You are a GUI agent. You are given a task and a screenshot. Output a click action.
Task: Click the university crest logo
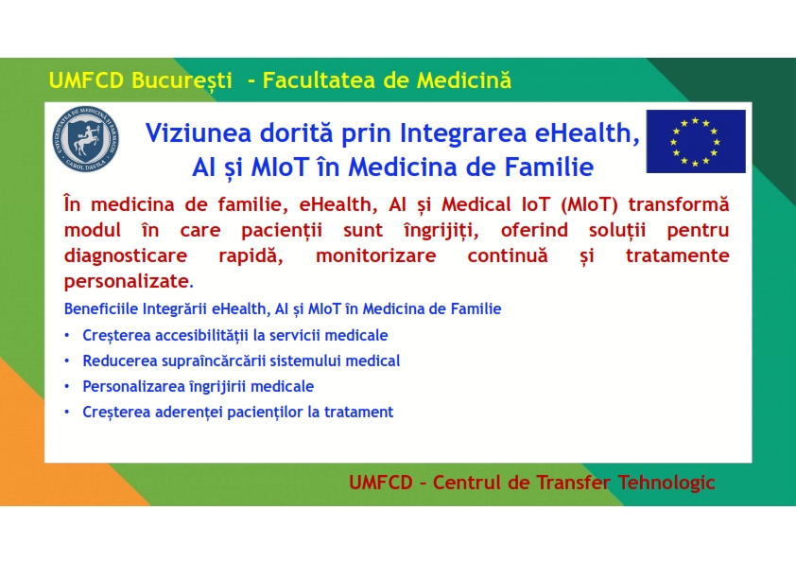click(x=86, y=139)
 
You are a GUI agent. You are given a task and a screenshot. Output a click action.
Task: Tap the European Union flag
click(x=696, y=141)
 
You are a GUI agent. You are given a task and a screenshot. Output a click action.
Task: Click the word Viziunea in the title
click(x=199, y=132)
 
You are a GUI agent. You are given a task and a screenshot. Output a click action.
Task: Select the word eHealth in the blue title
click(x=587, y=133)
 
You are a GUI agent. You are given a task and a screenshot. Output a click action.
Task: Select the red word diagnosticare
click(x=126, y=255)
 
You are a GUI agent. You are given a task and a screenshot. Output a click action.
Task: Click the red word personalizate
click(x=127, y=282)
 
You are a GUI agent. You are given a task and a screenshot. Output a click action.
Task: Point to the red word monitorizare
click(x=375, y=255)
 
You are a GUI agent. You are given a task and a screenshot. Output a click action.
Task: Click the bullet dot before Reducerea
click(x=67, y=361)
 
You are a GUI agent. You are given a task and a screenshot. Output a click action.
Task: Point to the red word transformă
click(x=678, y=204)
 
